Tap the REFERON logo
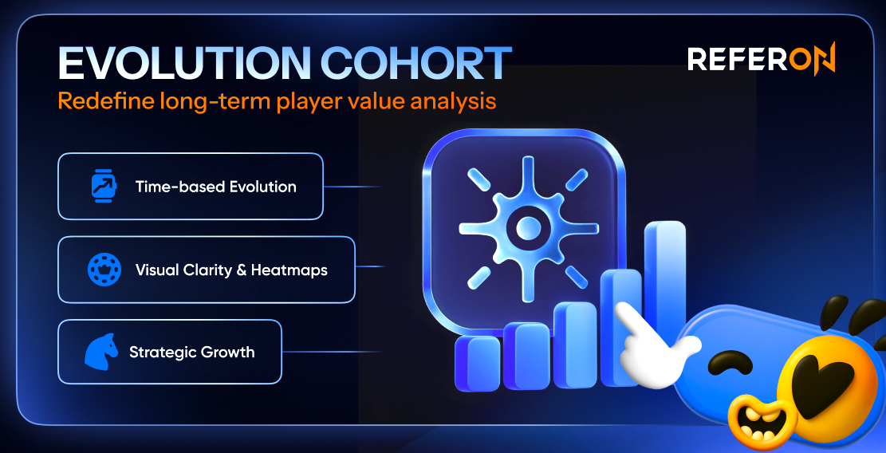[761, 60]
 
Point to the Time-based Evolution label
[215, 187]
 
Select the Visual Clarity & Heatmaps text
[231, 270]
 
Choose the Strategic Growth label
[191, 352]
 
